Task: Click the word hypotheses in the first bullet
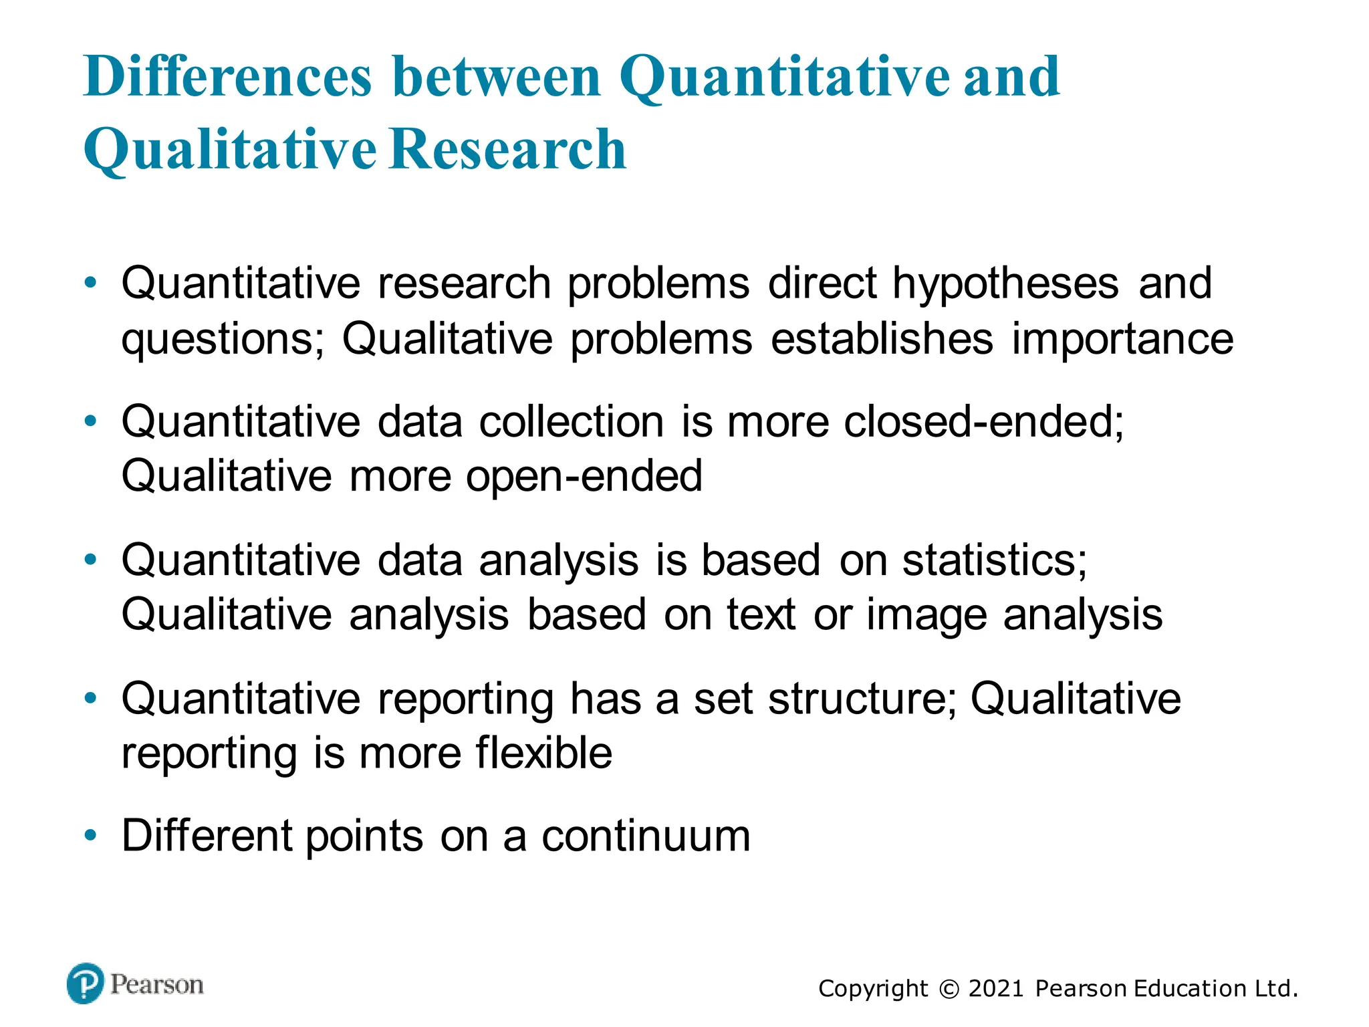pyautogui.click(x=1005, y=284)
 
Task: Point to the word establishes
pyautogui.click(x=882, y=339)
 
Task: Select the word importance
pyautogui.click(x=1122, y=339)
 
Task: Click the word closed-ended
pyautogui.click(x=983, y=422)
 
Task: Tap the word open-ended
pyautogui.click(x=584, y=477)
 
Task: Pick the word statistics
pyautogui.click(x=995, y=560)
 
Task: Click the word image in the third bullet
pyautogui.click(x=926, y=615)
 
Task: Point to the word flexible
pyautogui.click(x=543, y=754)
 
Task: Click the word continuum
pyautogui.click(x=646, y=836)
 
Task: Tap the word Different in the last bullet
pyautogui.click(x=207, y=836)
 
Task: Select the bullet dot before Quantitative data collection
pyautogui.click(x=91, y=422)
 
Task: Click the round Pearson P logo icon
pyautogui.click(x=86, y=984)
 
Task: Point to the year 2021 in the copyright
pyautogui.click(x=995, y=989)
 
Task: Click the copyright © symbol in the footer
pyautogui.click(x=949, y=989)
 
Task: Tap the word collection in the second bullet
pyautogui.click(x=572, y=422)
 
